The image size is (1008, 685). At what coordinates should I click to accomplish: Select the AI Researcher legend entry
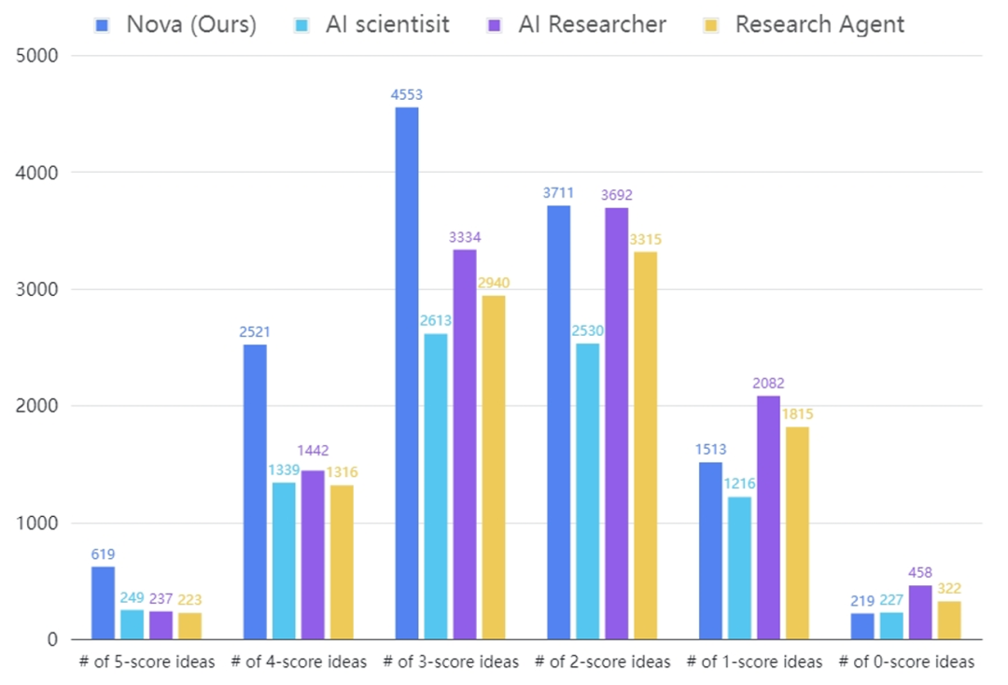click(580, 23)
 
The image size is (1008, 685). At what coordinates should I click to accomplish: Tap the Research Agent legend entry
click(808, 23)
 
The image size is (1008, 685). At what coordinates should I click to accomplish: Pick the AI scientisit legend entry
click(374, 23)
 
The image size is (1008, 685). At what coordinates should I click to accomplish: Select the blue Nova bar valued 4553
click(407, 373)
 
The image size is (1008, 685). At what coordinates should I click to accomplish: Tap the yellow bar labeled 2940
click(494, 468)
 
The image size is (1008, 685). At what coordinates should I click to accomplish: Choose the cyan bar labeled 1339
click(284, 561)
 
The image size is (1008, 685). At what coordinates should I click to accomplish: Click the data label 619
click(103, 554)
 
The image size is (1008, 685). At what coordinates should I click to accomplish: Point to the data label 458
click(919, 572)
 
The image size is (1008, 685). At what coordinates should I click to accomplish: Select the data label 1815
click(797, 414)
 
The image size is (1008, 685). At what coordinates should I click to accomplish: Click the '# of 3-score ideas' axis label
click(451, 662)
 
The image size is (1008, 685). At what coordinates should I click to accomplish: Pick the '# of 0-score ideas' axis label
click(906, 662)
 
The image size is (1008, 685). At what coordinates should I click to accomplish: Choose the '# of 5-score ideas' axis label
click(147, 662)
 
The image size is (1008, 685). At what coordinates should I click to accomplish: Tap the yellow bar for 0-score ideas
click(949, 621)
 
